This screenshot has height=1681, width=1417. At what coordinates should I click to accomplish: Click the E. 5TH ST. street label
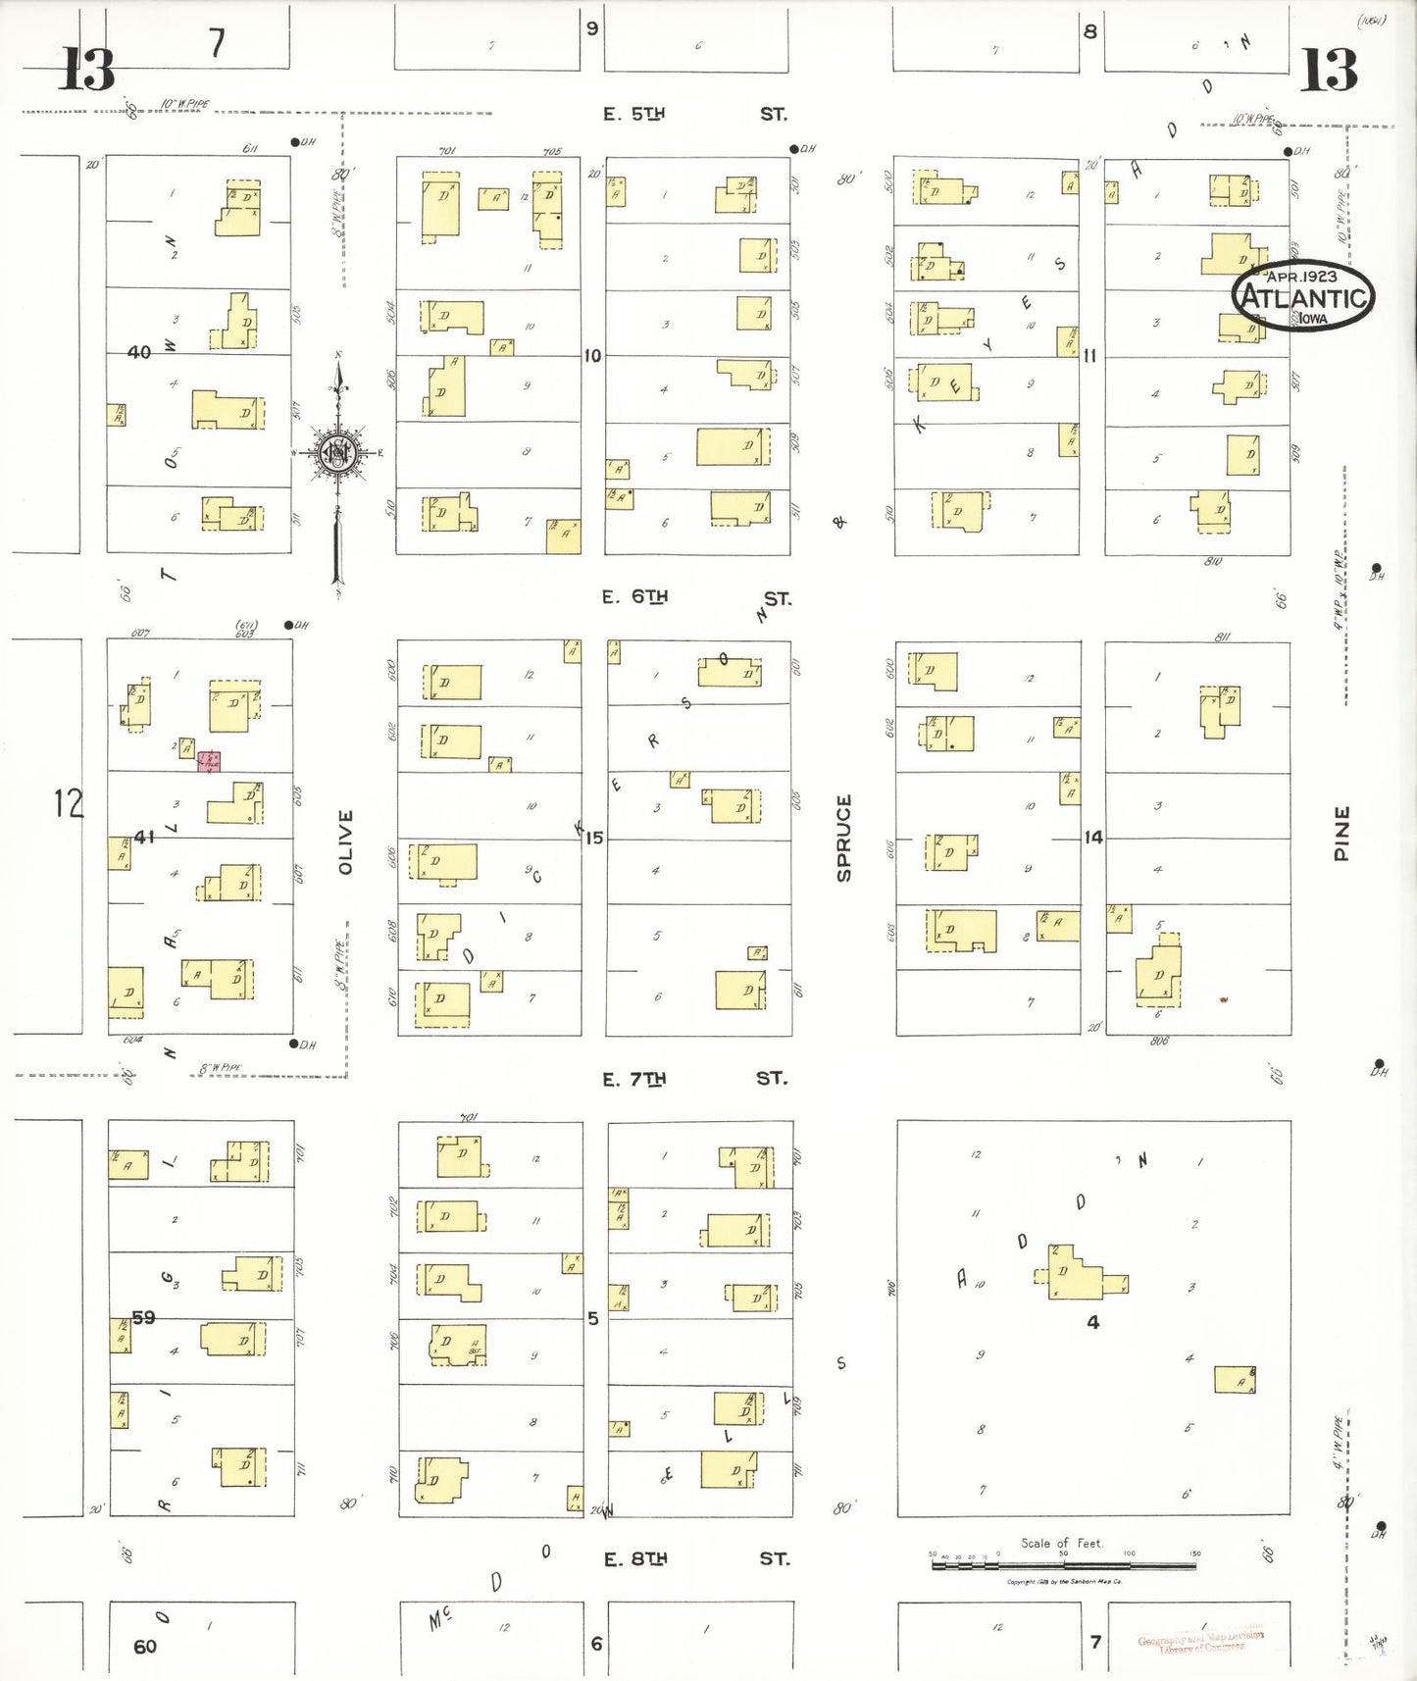[694, 114]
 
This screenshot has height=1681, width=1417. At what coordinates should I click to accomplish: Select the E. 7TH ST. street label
[694, 1079]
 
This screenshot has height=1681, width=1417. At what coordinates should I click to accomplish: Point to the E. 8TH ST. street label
[694, 1558]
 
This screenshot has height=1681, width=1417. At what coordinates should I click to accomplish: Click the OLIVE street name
[345, 841]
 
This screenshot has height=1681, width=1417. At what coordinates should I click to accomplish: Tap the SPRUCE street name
[843, 838]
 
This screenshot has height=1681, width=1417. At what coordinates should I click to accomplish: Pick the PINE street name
[1341, 834]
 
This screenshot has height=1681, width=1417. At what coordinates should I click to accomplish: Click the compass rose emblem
[338, 453]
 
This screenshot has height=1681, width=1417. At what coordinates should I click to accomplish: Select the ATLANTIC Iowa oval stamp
[1303, 294]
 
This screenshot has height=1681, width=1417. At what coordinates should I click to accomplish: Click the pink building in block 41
[209, 761]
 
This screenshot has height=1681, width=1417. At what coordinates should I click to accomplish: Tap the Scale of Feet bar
[1063, 1565]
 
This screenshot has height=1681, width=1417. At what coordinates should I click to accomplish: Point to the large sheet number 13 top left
[87, 69]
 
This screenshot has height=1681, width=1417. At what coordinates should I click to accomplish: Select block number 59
[144, 1317]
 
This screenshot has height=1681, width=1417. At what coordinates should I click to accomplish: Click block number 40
[139, 352]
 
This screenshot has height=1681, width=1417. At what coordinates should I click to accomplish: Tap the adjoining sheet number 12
[69, 803]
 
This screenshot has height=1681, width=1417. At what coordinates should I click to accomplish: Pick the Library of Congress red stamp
[1201, 1641]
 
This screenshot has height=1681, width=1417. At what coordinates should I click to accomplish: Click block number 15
[594, 838]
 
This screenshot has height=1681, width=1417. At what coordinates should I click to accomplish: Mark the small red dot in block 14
[1223, 999]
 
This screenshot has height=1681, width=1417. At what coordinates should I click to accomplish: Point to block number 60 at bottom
[145, 1647]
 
